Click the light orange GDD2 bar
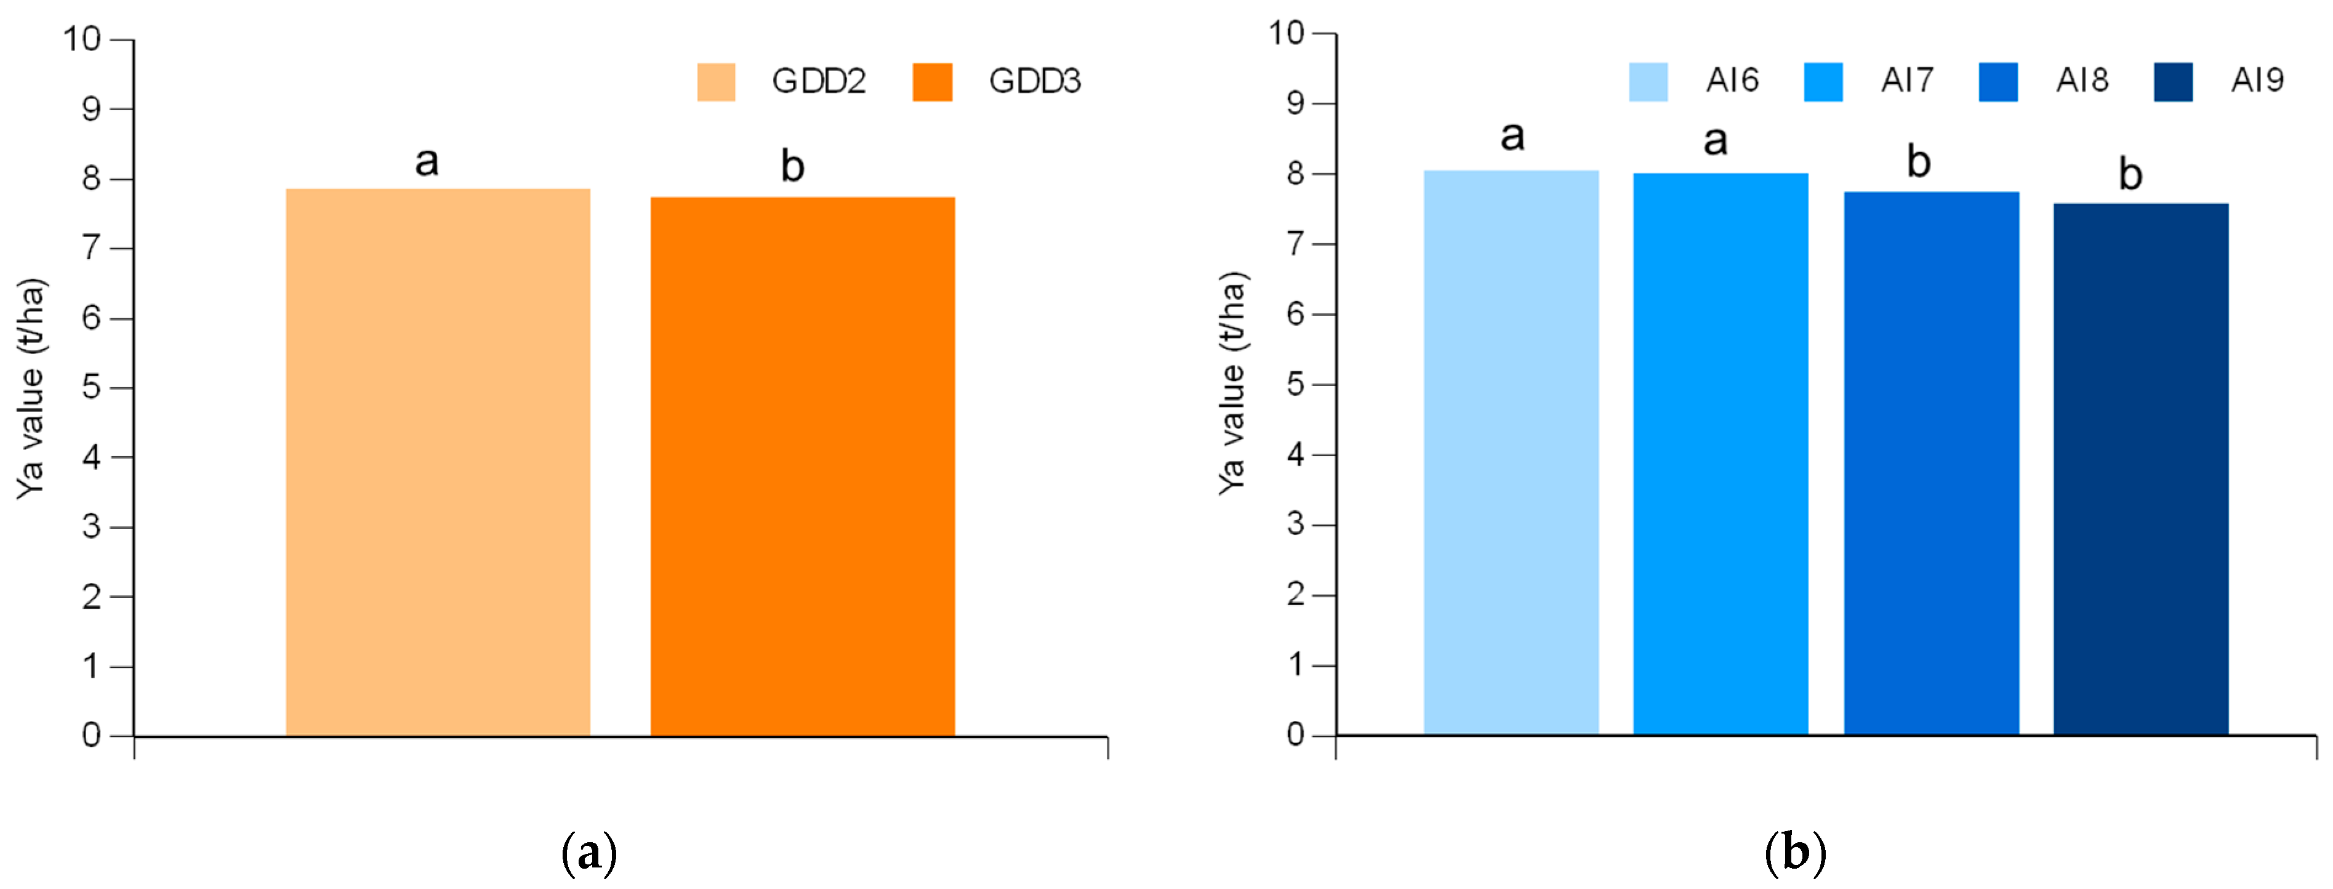pos(438,462)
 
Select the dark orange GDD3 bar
pos(803,466)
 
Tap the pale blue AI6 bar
pos(1511,453)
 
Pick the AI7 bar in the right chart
pos(1720,453)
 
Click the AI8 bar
pos(1931,462)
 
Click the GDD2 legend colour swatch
pos(715,81)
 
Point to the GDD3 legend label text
pos(1034,81)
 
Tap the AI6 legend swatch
pos(1647,81)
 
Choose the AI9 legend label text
pos(2256,81)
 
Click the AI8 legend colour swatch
pos(1998,81)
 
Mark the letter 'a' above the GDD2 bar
pos(427,162)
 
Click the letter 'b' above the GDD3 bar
pos(792,166)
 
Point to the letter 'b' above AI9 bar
pos(2130,174)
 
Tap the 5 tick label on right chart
pos(1295,384)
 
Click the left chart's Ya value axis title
pos(31,388)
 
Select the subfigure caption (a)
pos(590,853)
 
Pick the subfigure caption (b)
pos(1795,853)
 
